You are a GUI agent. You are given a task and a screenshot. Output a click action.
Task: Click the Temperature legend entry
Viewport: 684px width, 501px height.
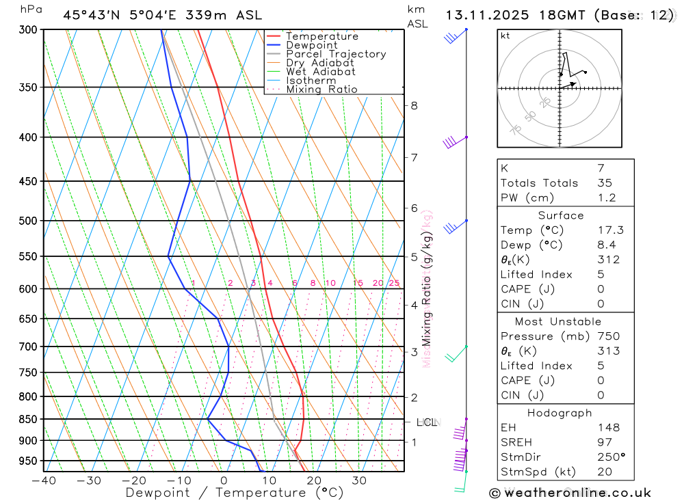[321, 36]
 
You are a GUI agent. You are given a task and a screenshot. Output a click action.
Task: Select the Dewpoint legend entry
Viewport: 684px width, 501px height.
[311, 45]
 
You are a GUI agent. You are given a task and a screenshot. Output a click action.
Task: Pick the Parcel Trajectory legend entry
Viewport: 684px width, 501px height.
[335, 54]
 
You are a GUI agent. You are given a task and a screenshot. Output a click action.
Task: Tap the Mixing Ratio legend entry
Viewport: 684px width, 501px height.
[321, 90]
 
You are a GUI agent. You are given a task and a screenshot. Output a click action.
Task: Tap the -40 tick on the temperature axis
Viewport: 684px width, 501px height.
[44, 480]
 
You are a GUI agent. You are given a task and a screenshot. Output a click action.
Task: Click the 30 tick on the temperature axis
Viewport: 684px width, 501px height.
[359, 480]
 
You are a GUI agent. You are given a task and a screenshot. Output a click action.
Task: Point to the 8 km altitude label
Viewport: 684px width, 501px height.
[414, 105]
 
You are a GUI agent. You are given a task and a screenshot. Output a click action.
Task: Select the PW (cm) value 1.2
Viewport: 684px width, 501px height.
[607, 198]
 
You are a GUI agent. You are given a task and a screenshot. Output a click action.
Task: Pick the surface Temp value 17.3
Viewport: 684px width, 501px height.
[610, 230]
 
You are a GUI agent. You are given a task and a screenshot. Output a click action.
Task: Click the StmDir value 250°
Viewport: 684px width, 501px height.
[611, 457]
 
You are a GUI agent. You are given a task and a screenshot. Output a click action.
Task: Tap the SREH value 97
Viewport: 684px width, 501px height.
[605, 442]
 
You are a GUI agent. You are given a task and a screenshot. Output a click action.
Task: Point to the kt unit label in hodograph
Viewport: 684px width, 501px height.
[505, 36]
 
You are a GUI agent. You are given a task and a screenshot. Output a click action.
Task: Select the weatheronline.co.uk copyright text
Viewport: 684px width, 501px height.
[570, 493]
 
